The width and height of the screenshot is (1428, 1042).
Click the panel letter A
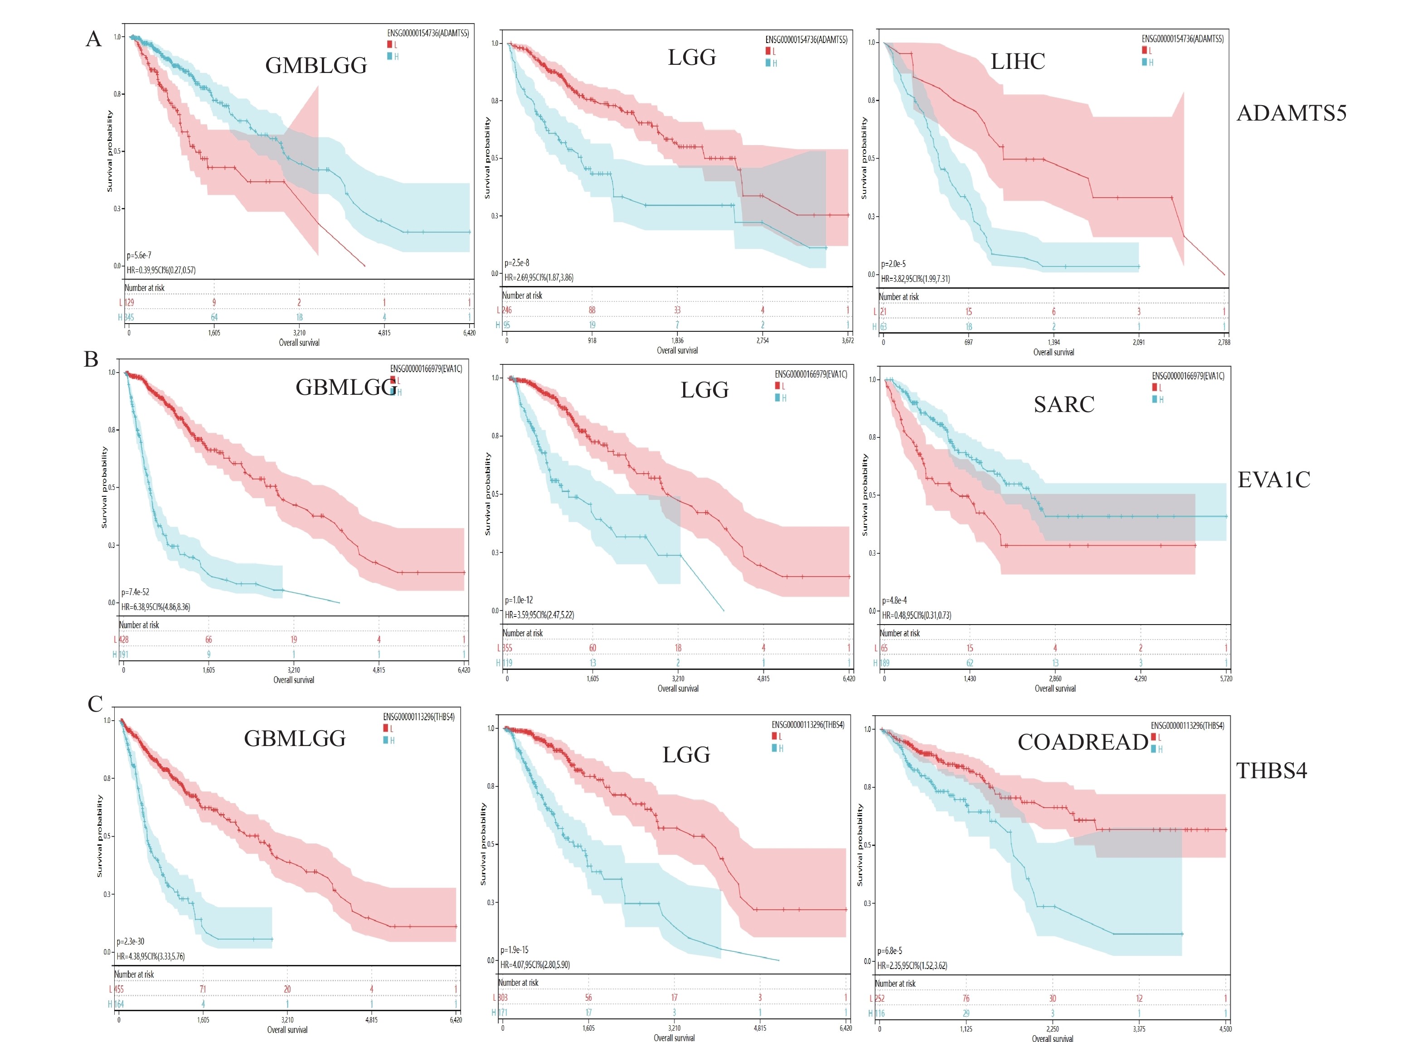pos(93,39)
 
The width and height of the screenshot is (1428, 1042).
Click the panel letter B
pos(92,359)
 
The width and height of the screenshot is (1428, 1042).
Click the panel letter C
pos(95,704)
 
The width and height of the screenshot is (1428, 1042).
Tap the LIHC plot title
pos(1017,62)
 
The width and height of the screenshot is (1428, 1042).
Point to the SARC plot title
pos(1064,404)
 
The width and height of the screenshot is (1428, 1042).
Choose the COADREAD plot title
pos(1083,742)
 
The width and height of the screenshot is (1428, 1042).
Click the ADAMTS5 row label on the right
pos(1291,113)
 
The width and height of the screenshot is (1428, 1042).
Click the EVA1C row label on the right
pos(1273,480)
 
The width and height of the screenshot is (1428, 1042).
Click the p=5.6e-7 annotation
pos(139,256)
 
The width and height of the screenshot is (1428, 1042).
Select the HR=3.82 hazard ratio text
pos(915,279)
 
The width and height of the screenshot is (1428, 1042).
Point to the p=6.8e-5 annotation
pos(889,950)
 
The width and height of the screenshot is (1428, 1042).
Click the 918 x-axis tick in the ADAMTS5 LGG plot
pos(592,340)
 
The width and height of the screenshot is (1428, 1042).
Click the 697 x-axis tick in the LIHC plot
pos(968,343)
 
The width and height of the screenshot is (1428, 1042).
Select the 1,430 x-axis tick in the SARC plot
pos(969,679)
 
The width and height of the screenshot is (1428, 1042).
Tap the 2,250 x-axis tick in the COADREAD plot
pos(1052,1029)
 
